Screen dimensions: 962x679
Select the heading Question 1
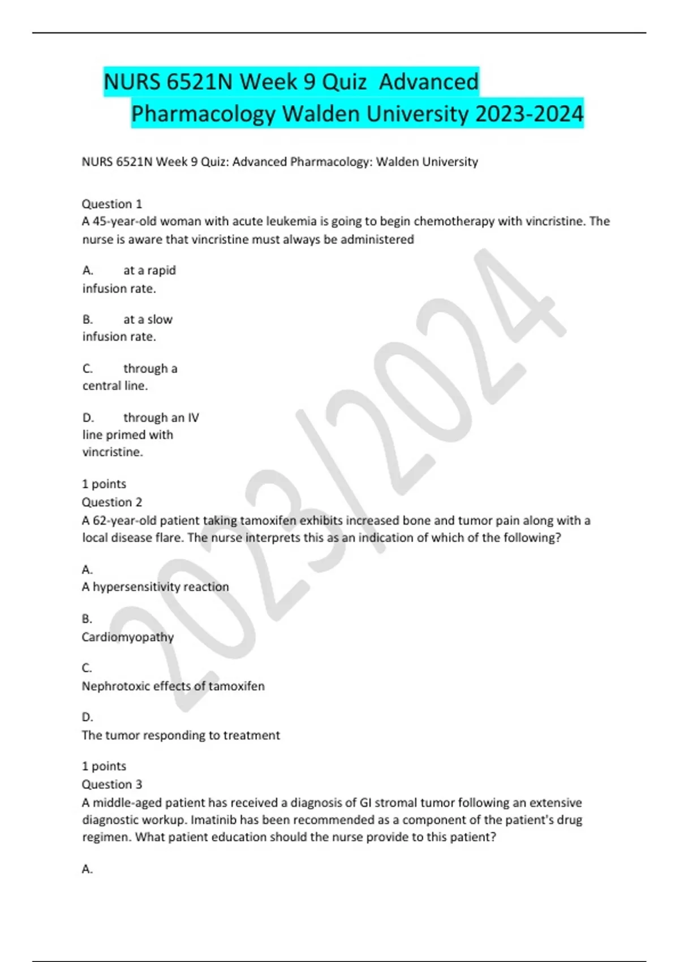point(112,204)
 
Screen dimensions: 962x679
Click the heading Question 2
point(112,502)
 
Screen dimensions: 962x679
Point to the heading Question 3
point(112,784)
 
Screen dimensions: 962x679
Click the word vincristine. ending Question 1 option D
point(113,452)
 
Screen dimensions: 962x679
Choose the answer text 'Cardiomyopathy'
point(128,637)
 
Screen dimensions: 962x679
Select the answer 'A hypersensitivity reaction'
point(156,587)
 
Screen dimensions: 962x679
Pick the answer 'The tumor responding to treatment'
point(181,735)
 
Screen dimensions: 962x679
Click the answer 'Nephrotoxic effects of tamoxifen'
point(173,686)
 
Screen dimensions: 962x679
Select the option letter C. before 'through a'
point(88,369)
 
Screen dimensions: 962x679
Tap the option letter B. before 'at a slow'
point(88,320)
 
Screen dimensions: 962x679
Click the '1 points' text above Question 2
point(104,484)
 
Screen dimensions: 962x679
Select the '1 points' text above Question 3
point(104,766)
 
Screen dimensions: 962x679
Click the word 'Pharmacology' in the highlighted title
point(203,114)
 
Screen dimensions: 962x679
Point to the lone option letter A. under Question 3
point(88,869)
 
